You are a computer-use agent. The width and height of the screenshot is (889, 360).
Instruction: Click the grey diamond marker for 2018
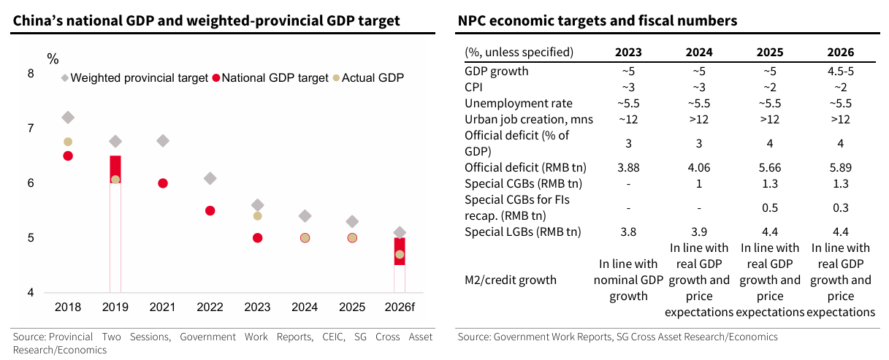(x=68, y=118)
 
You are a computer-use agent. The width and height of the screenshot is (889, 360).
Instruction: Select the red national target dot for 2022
(x=210, y=210)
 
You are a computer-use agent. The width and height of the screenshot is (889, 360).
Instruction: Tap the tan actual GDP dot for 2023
(x=257, y=216)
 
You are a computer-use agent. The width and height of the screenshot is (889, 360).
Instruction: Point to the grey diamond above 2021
(x=163, y=141)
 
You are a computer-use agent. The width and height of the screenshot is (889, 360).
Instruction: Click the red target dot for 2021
(x=163, y=183)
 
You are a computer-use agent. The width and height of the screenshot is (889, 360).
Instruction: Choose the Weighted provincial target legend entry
(x=134, y=77)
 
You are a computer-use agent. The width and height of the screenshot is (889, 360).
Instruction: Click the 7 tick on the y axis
(x=31, y=129)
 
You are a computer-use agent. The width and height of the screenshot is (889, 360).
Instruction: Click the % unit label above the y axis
(x=53, y=58)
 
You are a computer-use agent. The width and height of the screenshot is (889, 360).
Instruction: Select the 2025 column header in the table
(x=770, y=52)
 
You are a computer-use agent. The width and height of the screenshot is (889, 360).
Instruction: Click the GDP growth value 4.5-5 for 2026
(x=841, y=72)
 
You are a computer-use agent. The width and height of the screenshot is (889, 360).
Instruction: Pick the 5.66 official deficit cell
(x=770, y=168)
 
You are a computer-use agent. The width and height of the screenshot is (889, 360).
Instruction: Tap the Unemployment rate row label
(x=519, y=104)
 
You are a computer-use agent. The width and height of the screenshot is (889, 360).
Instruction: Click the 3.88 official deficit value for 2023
(x=629, y=168)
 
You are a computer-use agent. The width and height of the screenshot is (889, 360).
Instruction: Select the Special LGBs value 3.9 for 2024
(x=699, y=232)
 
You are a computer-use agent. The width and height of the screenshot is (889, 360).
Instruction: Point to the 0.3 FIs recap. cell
(x=841, y=208)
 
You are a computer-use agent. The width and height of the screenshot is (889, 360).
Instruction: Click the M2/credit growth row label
(x=511, y=280)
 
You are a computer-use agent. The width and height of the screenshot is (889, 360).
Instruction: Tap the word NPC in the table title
(x=473, y=21)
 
